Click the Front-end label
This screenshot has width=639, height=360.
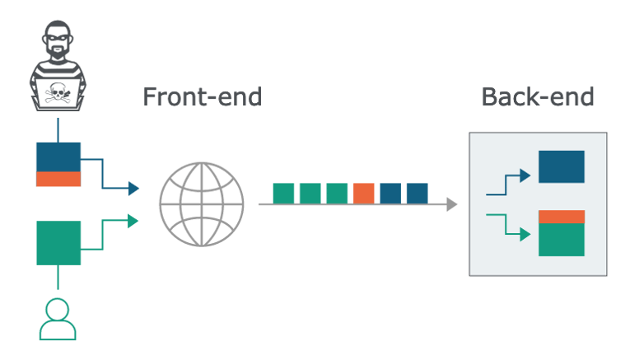point(202,96)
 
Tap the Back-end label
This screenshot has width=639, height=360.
point(538,96)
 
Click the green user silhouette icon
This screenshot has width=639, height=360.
point(58,320)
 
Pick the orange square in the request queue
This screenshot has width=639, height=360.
point(364,193)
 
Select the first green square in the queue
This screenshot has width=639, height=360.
point(283,193)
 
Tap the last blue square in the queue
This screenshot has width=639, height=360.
point(417,193)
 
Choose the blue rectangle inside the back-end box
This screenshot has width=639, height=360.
point(561,166)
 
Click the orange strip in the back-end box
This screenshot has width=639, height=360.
point(561,217)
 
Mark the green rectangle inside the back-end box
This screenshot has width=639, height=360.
point(561,240)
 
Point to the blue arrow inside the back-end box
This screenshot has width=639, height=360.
point(508,184)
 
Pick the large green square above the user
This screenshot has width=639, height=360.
point(58,242)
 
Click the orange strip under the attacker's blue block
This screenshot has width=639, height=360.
point(58,179)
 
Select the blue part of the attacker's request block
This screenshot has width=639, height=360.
point(58,157)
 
